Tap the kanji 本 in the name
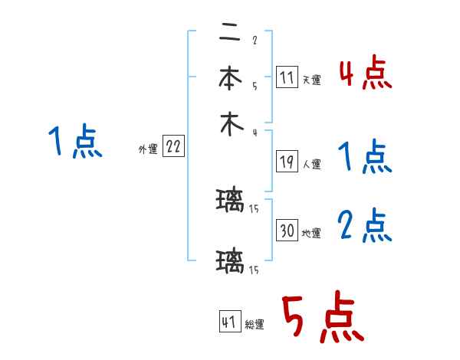(228, 79)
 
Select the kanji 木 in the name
(228, 126)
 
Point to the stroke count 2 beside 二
(254, 40)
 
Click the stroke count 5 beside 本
(254, 86)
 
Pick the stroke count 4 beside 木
(254, 133)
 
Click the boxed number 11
(287, 77)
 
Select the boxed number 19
(287, 162)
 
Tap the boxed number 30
(287, 231)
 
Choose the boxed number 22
(173, 147)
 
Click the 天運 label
(311, 80)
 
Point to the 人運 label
(311, 164)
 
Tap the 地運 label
(311, 233)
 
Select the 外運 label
(148, 149)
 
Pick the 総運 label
(254, 325)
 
